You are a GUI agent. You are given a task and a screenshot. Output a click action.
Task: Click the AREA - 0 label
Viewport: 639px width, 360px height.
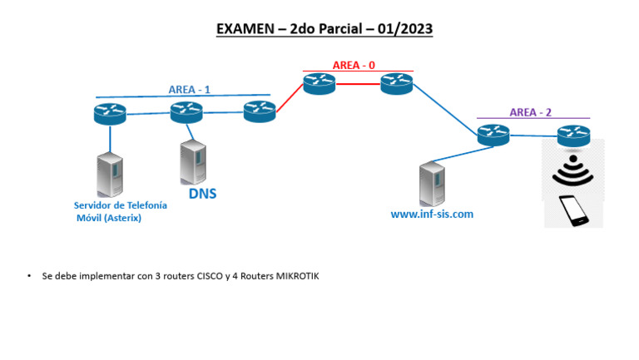click(354, 65)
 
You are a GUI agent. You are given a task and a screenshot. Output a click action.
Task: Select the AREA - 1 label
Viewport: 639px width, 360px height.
click(190, 90)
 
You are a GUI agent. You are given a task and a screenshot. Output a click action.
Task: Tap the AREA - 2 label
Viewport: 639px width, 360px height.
click(531, 113)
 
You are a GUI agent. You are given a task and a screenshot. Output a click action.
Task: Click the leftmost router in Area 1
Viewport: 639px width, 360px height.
click(109, 112)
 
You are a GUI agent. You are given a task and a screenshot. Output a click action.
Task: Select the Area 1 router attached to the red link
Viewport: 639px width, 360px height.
click(260, 111)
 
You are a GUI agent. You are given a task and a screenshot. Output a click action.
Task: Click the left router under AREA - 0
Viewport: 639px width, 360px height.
click(319, 83)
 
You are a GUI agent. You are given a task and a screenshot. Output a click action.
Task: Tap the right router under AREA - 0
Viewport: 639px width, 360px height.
click(397, 83)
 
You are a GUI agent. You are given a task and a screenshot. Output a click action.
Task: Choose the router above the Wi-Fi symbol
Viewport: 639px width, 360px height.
click(573, 134)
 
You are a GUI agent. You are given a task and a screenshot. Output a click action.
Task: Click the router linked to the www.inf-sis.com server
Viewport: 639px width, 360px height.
click(493, 135)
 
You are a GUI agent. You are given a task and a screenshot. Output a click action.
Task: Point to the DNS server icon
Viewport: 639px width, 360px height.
click(193, 162)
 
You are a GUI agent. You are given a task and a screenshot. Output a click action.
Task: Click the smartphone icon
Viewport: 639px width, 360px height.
click(573, 210)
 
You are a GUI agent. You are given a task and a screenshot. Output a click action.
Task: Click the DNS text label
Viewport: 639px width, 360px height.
click(202, 195)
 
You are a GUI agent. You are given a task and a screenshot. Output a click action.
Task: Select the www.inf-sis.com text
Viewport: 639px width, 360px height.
click(432, 214)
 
